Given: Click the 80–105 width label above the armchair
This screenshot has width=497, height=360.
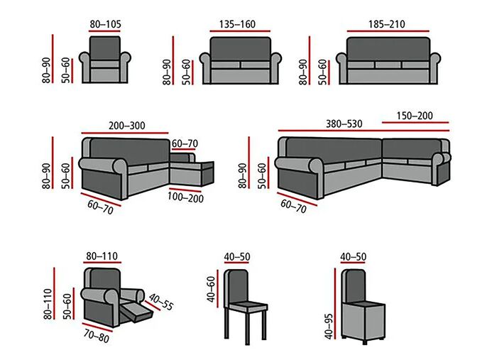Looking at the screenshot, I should [x=105, y=24].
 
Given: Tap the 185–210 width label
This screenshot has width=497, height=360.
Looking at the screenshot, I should [x=387, y=23].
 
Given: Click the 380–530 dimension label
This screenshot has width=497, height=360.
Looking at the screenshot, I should [x=344, y=124].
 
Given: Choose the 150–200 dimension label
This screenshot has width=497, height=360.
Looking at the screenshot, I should [x=415, y=116].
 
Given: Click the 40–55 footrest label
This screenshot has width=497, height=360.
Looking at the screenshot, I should [x=162, y=302].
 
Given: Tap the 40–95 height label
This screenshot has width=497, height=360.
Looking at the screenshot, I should [x=327, y=313].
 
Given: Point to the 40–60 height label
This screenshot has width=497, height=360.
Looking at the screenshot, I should [x=210, y=289].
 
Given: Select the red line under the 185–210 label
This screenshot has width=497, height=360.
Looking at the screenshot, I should [x=387, y=31].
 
